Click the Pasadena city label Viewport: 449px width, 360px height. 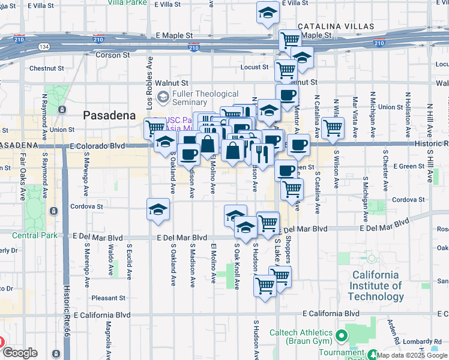[x=109, y=115]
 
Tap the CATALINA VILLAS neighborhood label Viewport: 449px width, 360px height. [x=336, y=27]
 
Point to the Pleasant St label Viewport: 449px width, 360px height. [x=108, y=298]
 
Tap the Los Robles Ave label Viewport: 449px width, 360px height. [x=150, y=79]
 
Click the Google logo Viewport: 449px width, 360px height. [x=20, y=353]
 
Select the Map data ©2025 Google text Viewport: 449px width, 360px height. [x=412, y=355]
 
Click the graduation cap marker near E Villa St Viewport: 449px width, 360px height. [x=267, y=13]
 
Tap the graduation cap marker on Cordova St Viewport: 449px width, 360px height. [x=158, y=209]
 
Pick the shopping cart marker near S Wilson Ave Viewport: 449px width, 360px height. [x=332, y=127]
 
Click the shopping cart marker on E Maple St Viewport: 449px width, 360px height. [x=290, y=40]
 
